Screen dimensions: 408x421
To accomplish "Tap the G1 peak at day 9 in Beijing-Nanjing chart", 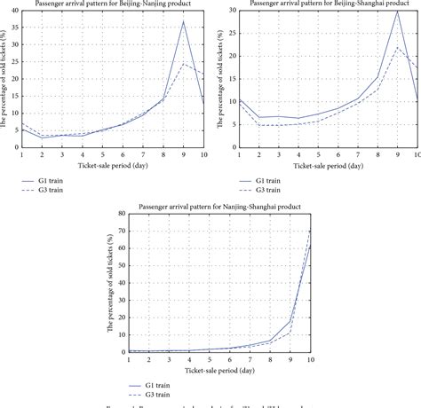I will [x=183, y=21].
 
